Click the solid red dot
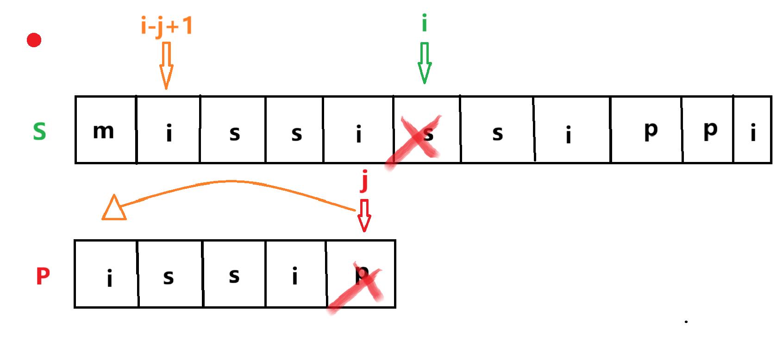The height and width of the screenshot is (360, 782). pyautogui.click(x=34, y=40)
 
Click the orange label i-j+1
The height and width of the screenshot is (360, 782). pyautogui.click(x=167, y=26)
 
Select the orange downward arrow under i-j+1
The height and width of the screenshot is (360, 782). pyautogui.click(x=166, y=65)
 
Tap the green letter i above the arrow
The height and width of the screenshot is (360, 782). pyautogui.click(x=424, y=23)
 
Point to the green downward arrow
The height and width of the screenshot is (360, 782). pyautogui.click(x=424, y=63)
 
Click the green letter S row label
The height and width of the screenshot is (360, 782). pyautogui.click(x=39, y=131)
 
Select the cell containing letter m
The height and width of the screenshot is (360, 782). pyautogui.click(x=106, y=130)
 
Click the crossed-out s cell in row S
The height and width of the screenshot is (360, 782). pyautogui.click(x=426, y=130)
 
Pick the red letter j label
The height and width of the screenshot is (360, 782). pyautogui.click(x=365, y=180)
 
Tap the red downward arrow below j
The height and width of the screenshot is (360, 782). pyautogui.click(x=364, y=215)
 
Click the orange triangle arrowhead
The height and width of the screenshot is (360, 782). pyautogui.click(x=113, y=208)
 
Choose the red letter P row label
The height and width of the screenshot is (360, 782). pyautogui.click(x=43, y=276)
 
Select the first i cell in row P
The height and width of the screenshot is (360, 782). pyautogui.click(x=106, y=274)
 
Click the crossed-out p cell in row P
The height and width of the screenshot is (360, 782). pyautogui.click(x=361, y=274)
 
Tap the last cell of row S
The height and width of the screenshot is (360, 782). pyautogui.click(x=752, y=130)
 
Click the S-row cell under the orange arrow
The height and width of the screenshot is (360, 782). pyautogui.click(x=168, y=130)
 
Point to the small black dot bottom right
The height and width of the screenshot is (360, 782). pyautogui.click(x=686, y=322)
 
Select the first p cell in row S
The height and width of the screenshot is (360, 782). pyautogui.click(x=646, y=130)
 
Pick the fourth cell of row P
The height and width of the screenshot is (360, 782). pyautogui.click(x=296, y=274)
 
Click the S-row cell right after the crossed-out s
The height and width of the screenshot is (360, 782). pyautogui.click(x=497, y=130)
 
